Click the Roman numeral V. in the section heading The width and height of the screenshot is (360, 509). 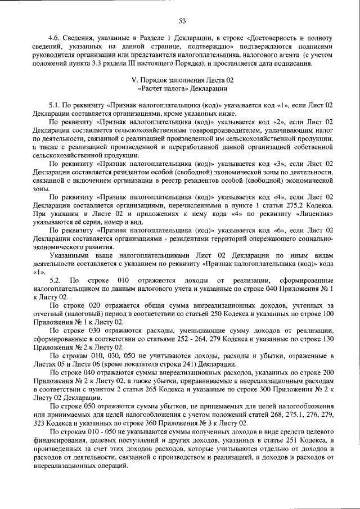[133, 80]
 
